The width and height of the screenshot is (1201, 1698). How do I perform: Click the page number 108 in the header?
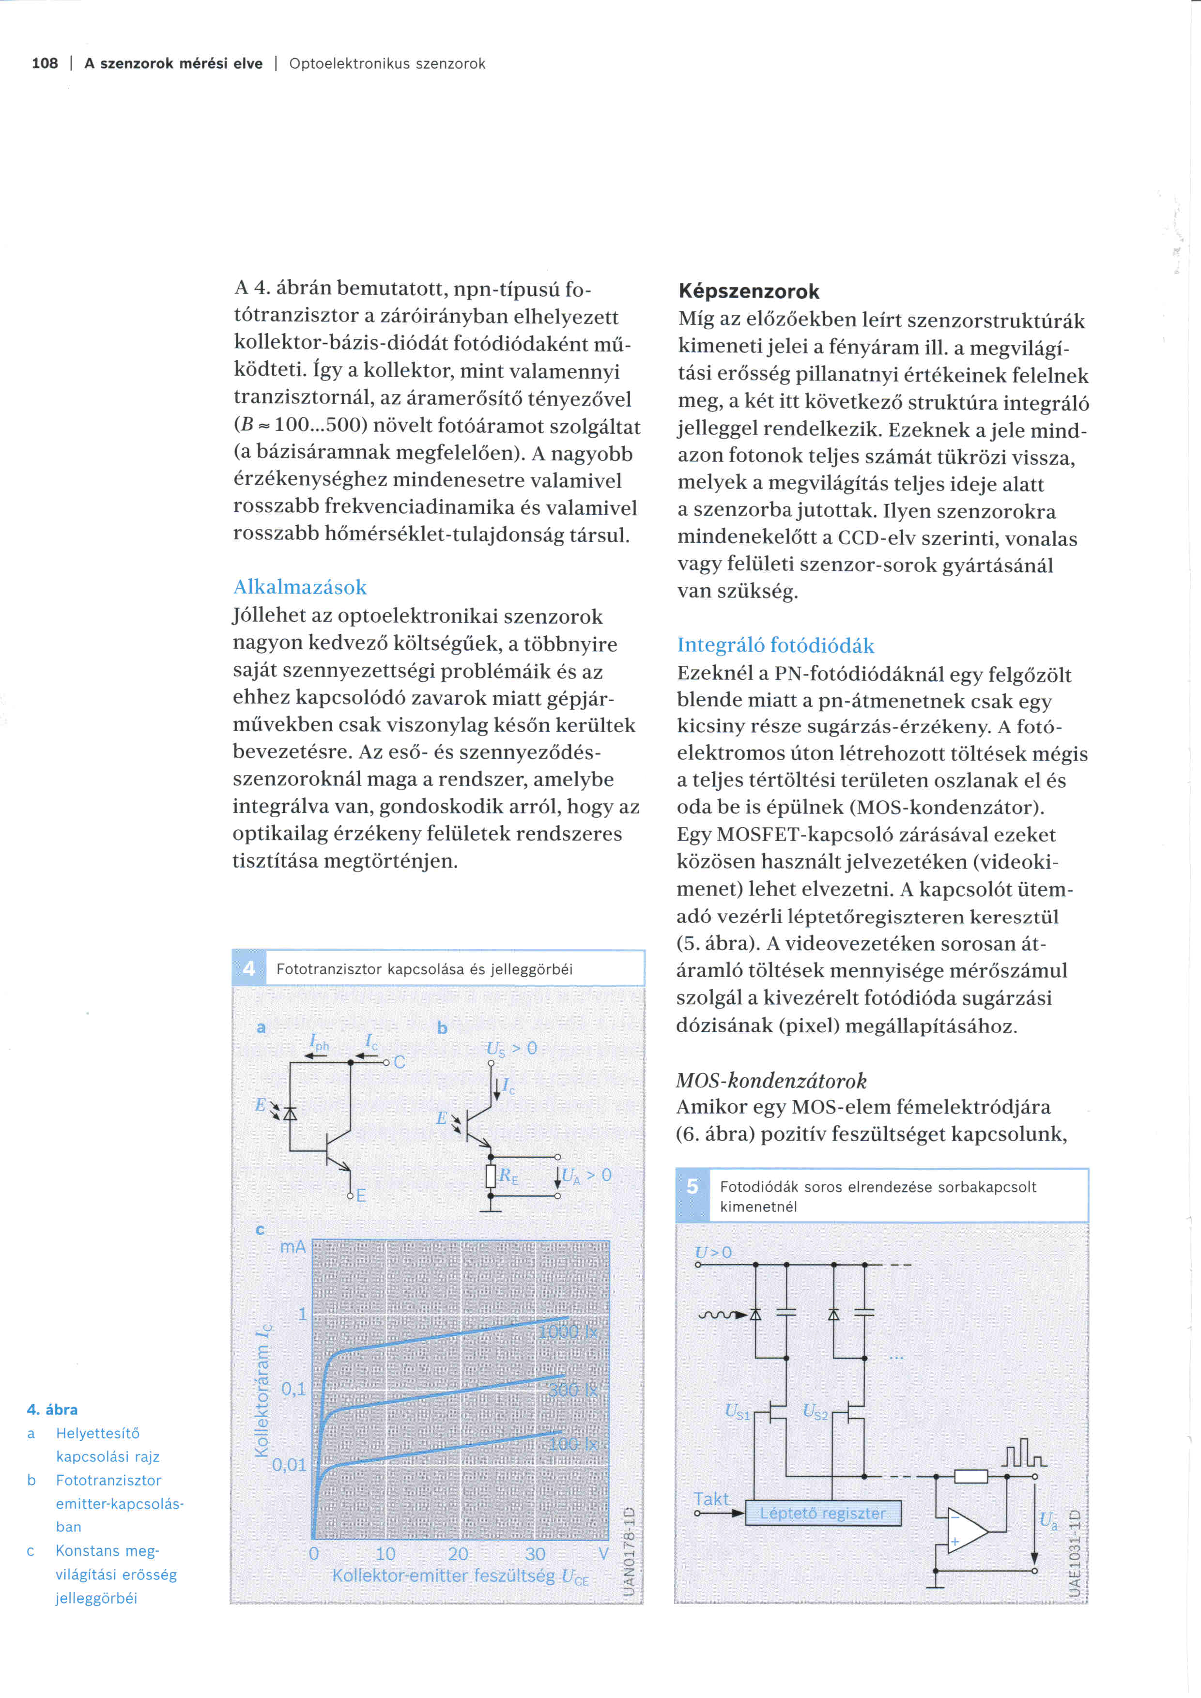(45, 63)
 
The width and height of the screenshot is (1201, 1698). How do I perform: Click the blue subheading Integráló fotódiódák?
(775, 645)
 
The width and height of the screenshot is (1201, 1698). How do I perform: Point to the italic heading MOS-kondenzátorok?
(770, 1081)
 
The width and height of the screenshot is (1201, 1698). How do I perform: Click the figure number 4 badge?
(248, 968)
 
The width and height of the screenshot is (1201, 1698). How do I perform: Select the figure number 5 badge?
(692, 1186)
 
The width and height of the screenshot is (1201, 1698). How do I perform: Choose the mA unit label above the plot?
(293, 1247)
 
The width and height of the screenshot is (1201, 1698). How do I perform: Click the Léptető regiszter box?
(822, 1513)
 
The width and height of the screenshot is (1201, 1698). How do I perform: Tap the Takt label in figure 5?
(711, 1499)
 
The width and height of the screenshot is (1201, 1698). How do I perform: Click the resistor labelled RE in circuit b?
(490, 1176)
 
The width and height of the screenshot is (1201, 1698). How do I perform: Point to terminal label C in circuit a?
(400, 1062)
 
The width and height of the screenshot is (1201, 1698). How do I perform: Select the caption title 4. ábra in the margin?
(52, 1409)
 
